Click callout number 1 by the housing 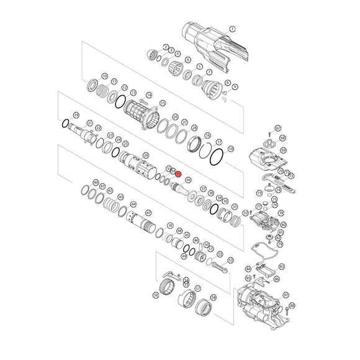[x=233, y=29]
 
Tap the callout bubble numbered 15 [x=163, y=103]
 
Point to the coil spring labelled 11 [x=103, y=89]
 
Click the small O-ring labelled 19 [x=65, y=124]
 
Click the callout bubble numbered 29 [x=146, y=155]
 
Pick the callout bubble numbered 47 [x=148, y=213]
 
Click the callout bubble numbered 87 [x=286, y=295]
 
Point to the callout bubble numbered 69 [x=282, y=150]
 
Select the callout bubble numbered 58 [x=214, y=297]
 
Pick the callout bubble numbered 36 [x=188, y=179]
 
